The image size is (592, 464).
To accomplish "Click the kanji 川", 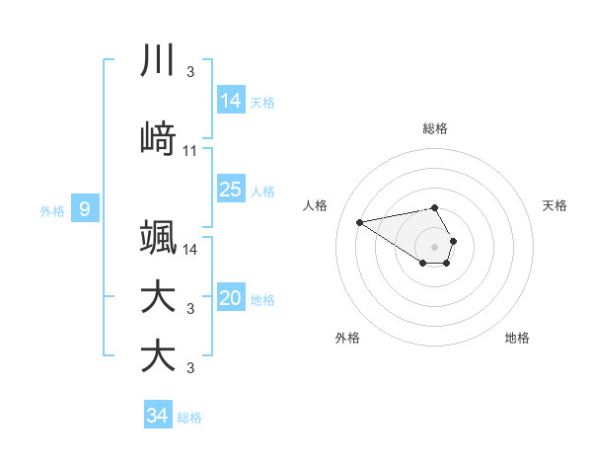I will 158,61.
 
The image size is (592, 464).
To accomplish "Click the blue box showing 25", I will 230,190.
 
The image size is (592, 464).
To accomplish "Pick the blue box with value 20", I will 230,299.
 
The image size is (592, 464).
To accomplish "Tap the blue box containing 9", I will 85,209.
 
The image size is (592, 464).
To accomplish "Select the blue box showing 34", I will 157,416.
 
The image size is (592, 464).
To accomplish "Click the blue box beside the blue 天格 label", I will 230,101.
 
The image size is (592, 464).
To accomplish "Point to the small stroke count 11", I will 190,151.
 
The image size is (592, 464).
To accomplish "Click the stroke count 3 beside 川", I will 190,72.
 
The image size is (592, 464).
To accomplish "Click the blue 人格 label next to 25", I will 262,192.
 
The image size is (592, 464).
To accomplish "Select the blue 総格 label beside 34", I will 189,418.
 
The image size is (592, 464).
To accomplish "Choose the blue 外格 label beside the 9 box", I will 52,210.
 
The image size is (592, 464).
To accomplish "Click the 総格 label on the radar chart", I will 435,128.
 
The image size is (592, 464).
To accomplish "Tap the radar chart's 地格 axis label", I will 517,338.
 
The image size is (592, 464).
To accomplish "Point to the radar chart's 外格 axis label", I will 347,338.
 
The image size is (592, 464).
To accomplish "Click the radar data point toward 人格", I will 360,221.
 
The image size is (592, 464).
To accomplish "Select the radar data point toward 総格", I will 435,207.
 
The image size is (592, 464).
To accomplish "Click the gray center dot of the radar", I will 435,246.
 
